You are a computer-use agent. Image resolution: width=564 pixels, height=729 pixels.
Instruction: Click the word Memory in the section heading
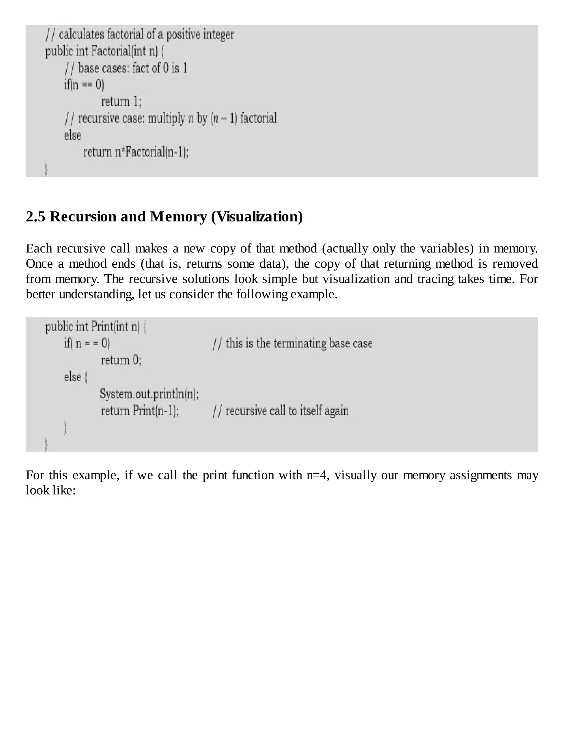(x=178, y=216)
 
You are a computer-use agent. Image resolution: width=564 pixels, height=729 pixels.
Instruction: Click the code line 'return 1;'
(x=121, y=102)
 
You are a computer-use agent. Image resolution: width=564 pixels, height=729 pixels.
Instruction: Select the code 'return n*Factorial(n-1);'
(x=136, y=152)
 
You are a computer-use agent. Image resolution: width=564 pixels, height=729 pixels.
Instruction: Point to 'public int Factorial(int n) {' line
(x=104, y=51)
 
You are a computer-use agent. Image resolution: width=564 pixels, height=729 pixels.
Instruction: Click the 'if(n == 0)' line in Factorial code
(x=84, y=85)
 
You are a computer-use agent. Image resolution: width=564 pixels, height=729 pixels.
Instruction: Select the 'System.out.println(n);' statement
(x=149, y=394)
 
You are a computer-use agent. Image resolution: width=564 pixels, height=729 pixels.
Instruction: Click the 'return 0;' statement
(x=121, y=360)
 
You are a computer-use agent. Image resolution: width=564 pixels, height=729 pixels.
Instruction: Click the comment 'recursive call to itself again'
(x=281, y=410)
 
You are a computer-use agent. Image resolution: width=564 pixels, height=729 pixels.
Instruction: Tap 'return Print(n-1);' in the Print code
(x=140, y=410)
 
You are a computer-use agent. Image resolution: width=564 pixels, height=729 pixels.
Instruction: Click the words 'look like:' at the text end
(x=51, y=490)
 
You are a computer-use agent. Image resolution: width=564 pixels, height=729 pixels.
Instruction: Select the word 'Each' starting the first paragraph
(x=39, y=249)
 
